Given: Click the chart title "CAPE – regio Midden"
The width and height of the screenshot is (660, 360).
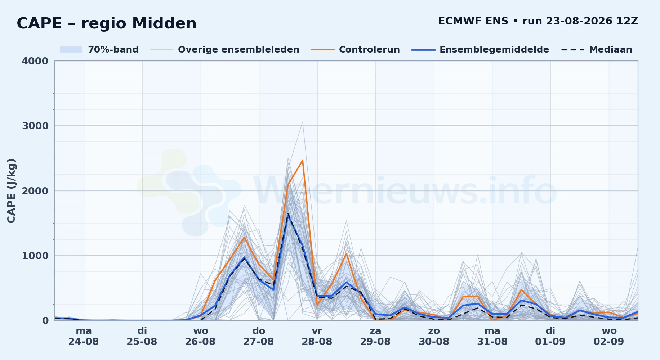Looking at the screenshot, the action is [x=107, y=23].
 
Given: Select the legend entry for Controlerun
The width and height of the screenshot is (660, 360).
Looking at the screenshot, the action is [x=356, y=50].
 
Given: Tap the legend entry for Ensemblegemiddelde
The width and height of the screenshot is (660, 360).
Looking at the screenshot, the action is [x=481, y=50].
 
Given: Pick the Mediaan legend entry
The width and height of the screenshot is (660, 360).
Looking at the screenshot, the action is [x=597, y=50].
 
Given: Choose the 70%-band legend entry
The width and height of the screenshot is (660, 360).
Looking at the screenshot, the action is [x=99, y=50].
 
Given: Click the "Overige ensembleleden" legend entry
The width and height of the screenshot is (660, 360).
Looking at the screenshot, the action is [x=225, y=50].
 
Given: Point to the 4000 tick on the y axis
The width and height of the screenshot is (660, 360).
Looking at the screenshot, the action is [x=35, y=61].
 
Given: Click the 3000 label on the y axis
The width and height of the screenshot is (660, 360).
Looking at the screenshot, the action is [x=35, y=126].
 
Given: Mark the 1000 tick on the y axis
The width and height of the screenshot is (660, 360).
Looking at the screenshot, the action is [x=35, y=256].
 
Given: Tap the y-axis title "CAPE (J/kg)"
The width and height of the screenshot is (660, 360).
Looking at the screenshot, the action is [x=11, y=191].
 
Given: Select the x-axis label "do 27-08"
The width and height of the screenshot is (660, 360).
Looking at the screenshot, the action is [x=259, y=336].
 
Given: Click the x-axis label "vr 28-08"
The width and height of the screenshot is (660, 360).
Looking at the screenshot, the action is [x=317, y=336].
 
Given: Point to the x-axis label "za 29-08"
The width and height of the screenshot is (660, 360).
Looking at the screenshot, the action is [x=375, y=336].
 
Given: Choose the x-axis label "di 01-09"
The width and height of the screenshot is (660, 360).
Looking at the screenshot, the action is [x=550, y=336].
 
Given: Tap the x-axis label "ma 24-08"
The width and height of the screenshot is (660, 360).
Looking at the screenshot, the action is [x=84, y=336].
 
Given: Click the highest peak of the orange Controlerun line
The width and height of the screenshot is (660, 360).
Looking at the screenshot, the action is [x=303, y=160].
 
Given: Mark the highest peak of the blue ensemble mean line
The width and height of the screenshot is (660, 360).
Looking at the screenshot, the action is [x=288, y=215].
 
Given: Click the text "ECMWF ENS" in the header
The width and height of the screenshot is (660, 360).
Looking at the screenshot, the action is [x=473, y=21].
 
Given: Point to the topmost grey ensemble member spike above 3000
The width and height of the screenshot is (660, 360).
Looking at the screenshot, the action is [x=303, y=122].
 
